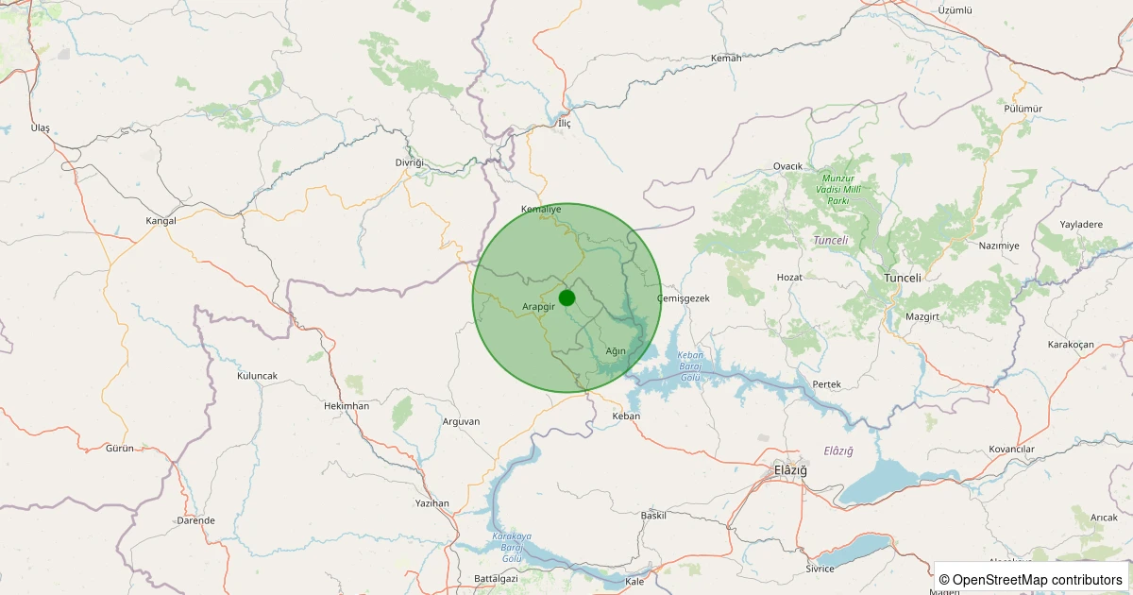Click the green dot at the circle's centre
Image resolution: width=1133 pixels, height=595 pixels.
point(566,298)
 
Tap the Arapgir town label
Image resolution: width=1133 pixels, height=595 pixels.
point(538,307)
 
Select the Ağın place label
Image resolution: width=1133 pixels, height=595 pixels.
point(616,351)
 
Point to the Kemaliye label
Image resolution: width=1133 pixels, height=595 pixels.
point(541,209)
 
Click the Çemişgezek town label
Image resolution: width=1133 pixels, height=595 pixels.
point(682,298)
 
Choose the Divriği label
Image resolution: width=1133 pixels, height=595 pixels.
point(411,162)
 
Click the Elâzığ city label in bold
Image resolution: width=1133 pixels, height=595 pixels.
point(790,470)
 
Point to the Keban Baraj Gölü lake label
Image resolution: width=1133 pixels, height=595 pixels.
point(691,367)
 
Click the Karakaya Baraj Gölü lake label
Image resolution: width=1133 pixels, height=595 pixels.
point(512,547)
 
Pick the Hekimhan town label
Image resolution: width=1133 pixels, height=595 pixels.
point(346,405)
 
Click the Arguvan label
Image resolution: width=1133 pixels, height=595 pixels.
point(461,421)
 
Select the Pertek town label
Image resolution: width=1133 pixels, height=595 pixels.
point(826,384)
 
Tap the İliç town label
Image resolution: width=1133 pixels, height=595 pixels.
point(565,124)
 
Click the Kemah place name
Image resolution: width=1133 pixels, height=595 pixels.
point(726,59)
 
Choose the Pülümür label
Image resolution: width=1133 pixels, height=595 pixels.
point(1023,109)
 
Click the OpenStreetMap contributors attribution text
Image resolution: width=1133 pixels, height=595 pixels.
point(1031,579)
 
